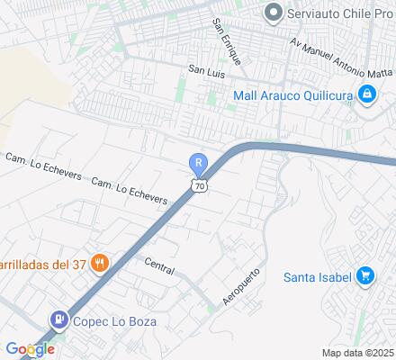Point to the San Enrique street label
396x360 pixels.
226,41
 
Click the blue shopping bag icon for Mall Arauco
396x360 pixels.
367,94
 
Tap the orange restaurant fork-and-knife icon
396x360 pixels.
101,263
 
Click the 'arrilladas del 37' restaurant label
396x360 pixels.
44,263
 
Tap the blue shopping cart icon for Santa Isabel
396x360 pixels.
365,275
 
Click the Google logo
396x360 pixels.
30,348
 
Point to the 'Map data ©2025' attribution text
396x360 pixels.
358,353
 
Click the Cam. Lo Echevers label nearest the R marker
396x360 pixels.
130,190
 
